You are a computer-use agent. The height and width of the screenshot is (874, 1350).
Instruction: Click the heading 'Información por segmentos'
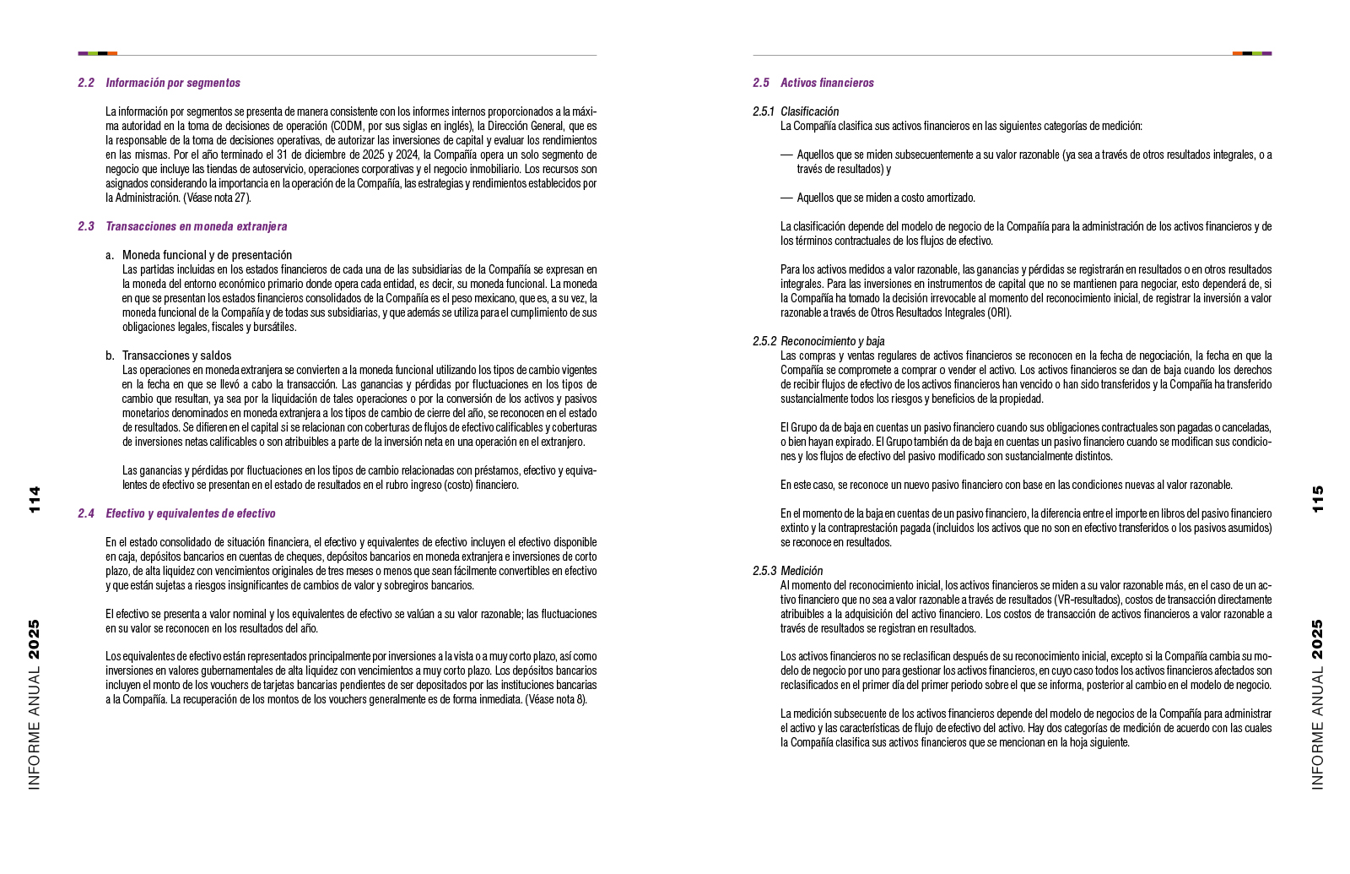(173, 83)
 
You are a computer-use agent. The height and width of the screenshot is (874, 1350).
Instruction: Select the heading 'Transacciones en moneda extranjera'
(196, 226)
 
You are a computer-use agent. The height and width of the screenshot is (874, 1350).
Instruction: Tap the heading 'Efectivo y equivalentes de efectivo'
(190, 513)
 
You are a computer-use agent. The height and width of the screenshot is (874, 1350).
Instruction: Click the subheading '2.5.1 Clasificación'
(796, 111)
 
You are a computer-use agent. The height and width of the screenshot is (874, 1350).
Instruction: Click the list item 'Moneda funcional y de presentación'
(207, 255)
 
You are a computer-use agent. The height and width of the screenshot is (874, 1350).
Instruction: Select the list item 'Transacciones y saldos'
(176, 356)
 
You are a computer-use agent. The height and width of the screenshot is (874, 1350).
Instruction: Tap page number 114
(34, 500)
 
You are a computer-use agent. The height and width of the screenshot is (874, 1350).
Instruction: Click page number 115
(1318, 500)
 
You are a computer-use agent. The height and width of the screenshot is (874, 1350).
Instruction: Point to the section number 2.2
(86, 83)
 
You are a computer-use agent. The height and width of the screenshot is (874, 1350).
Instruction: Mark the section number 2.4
(86, 513)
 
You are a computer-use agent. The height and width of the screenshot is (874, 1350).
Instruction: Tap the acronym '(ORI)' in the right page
(999, 312)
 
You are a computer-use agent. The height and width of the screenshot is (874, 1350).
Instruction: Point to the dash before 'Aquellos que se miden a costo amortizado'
(786, 198)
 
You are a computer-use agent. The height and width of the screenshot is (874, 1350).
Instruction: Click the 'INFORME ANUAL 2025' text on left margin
(34, 705)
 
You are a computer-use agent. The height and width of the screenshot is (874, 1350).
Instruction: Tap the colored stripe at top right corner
(1251, 53)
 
